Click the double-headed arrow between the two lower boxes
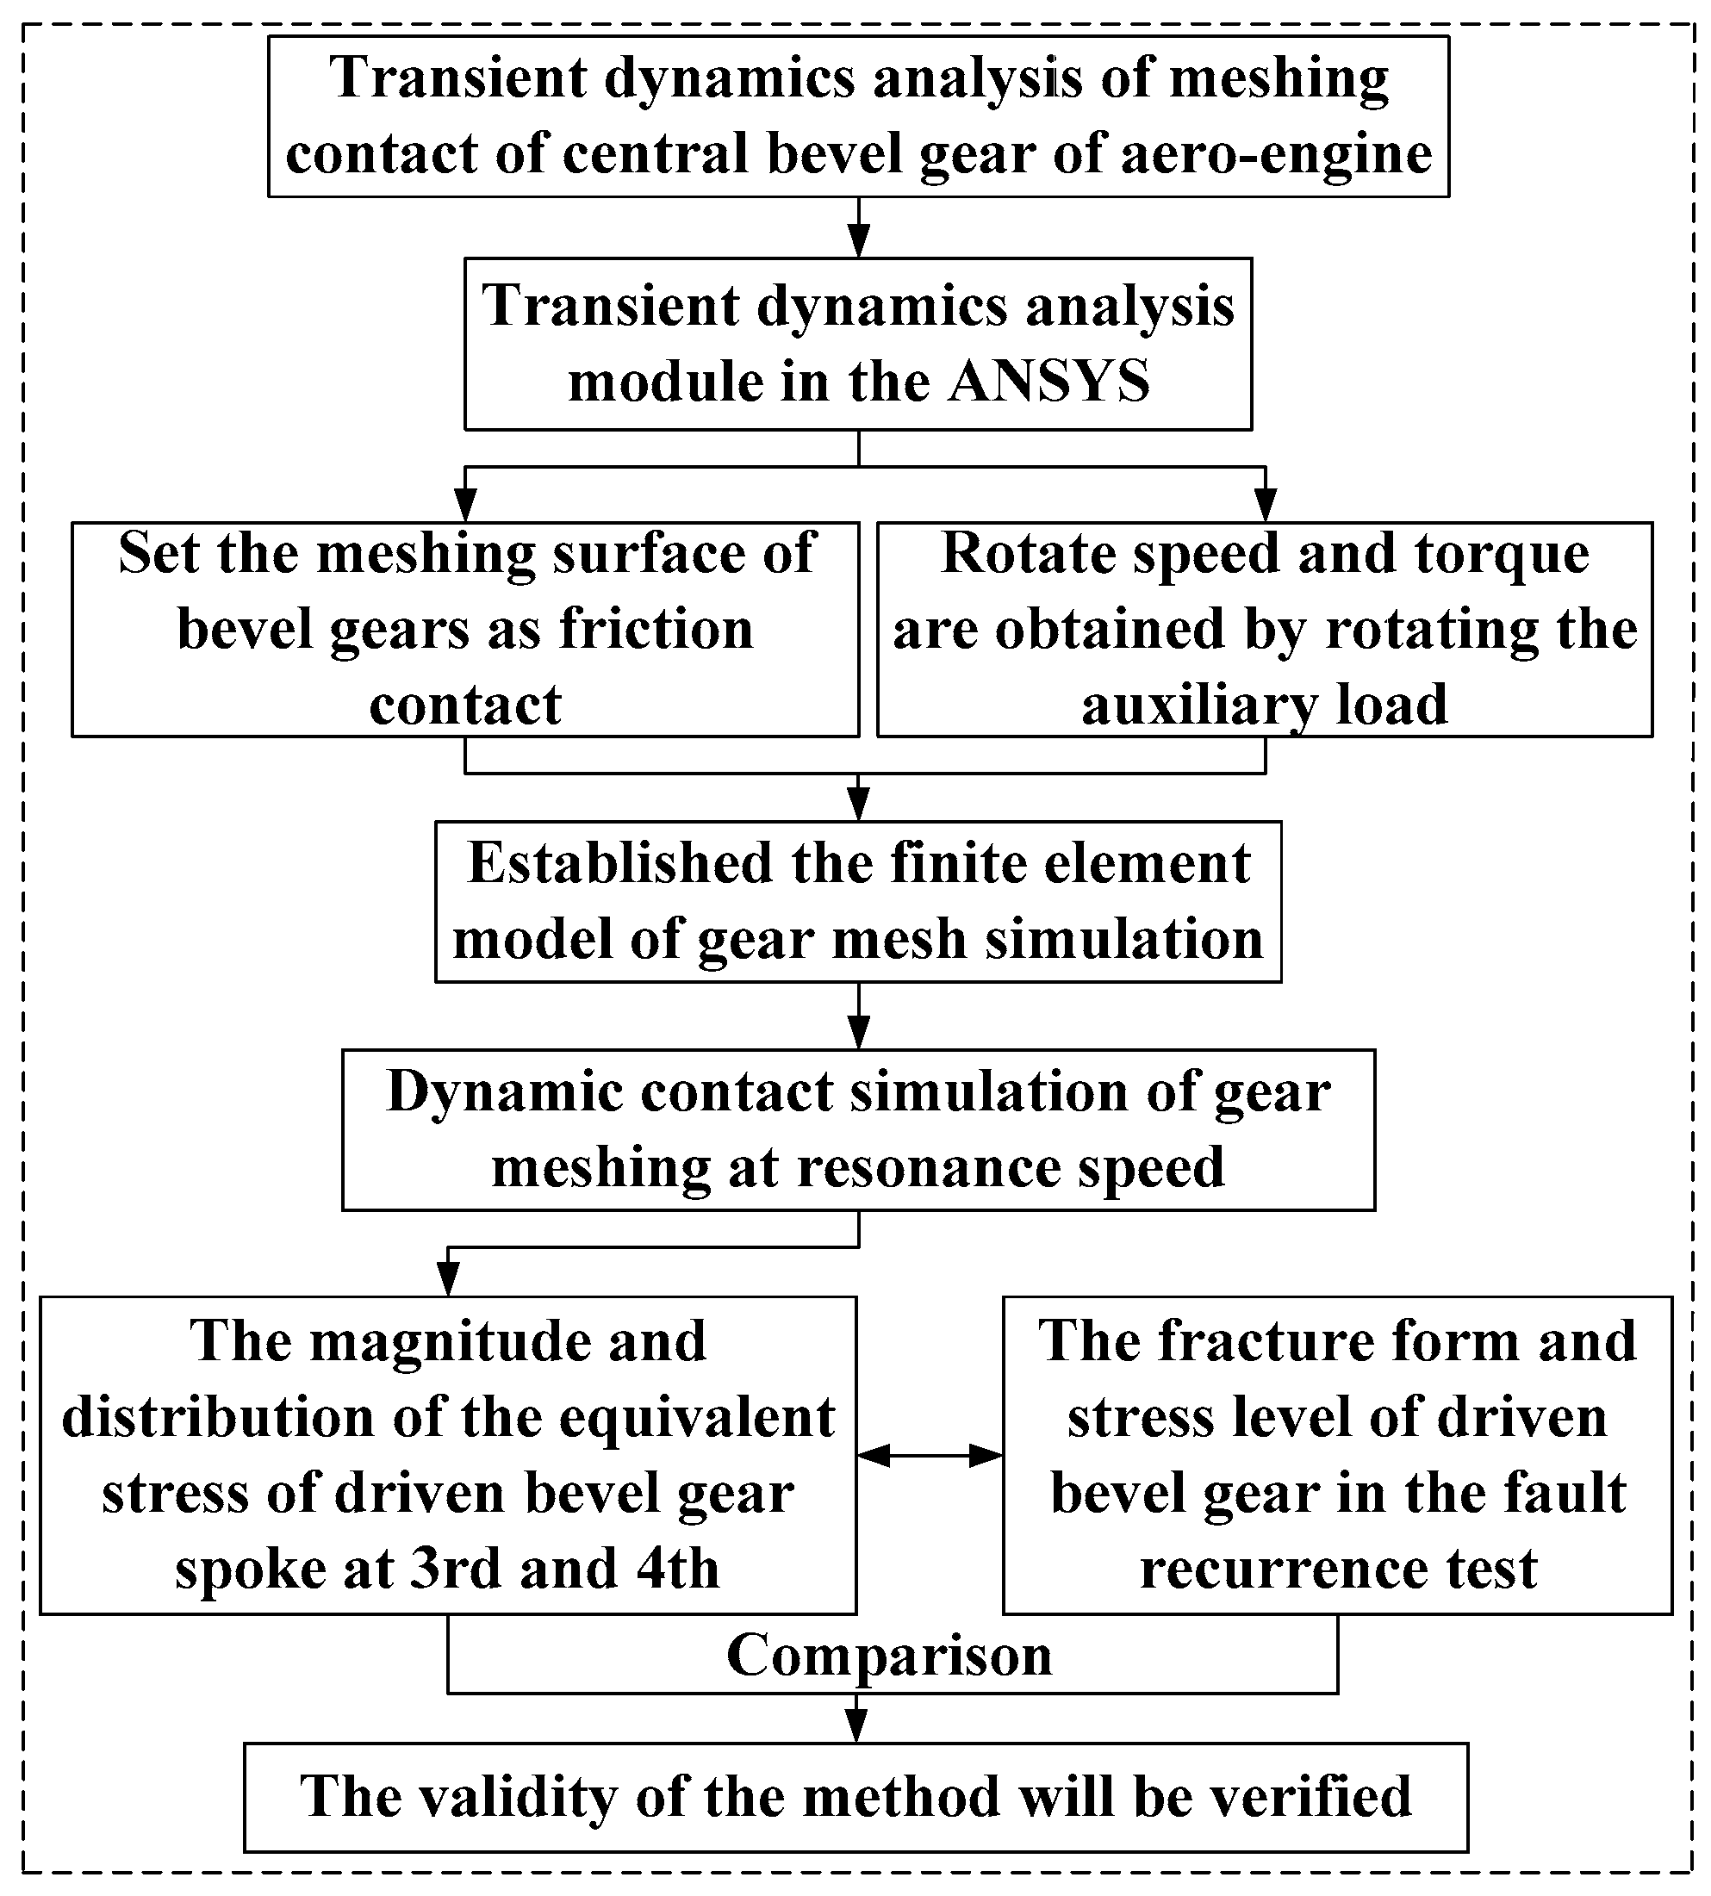(930, 1456)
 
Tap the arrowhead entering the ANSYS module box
(858, 243)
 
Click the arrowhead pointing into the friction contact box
(465, 507)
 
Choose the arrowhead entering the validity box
(856, 1727)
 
